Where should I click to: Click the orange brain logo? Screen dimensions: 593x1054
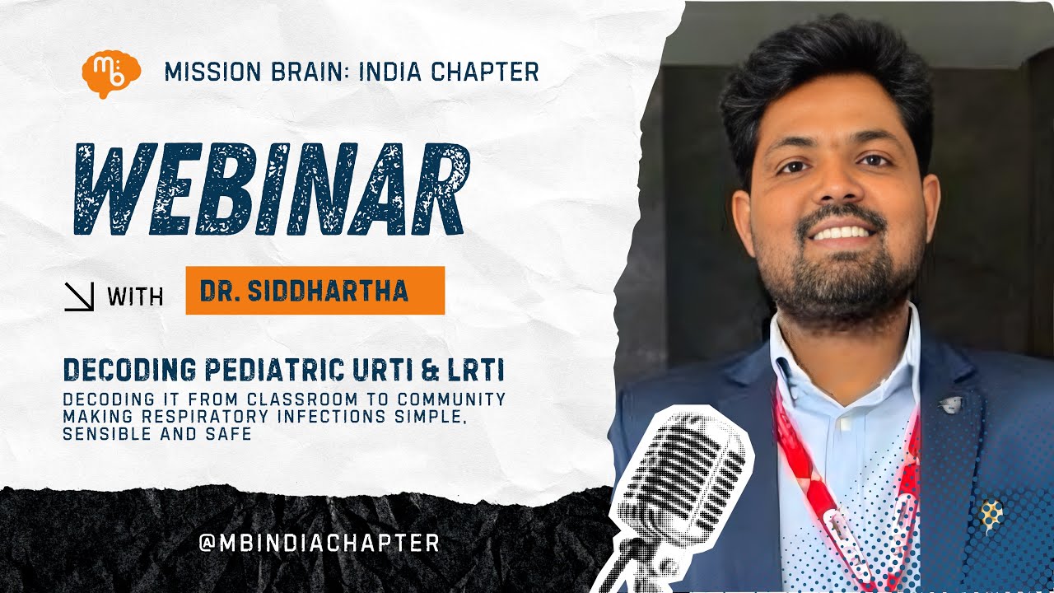tap(111, 73)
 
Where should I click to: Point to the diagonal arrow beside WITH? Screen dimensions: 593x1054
tap(80, 296)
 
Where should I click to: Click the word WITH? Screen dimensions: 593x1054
tap(135, 296)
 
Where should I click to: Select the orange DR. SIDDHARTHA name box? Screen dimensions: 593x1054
tap(315, 291)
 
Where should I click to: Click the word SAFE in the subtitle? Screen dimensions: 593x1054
tap(230, 433)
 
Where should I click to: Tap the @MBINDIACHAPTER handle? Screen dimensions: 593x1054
tap(319, 543)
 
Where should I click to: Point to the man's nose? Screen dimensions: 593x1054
tap(837, 185)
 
